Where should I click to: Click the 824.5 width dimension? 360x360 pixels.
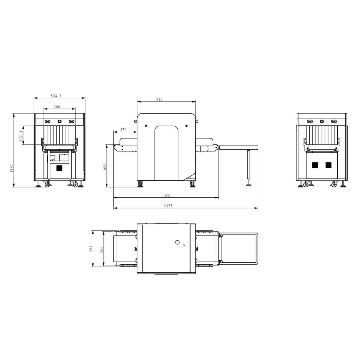56,96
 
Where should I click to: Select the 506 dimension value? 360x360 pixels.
57,107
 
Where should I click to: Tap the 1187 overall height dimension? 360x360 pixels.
12,168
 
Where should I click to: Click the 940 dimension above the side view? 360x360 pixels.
159,99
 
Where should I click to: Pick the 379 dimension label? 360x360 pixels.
123,130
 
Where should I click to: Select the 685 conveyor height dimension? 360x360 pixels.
104,167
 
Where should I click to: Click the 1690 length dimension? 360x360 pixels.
167,195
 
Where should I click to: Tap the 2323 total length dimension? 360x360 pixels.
168,206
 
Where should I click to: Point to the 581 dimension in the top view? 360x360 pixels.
91,249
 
